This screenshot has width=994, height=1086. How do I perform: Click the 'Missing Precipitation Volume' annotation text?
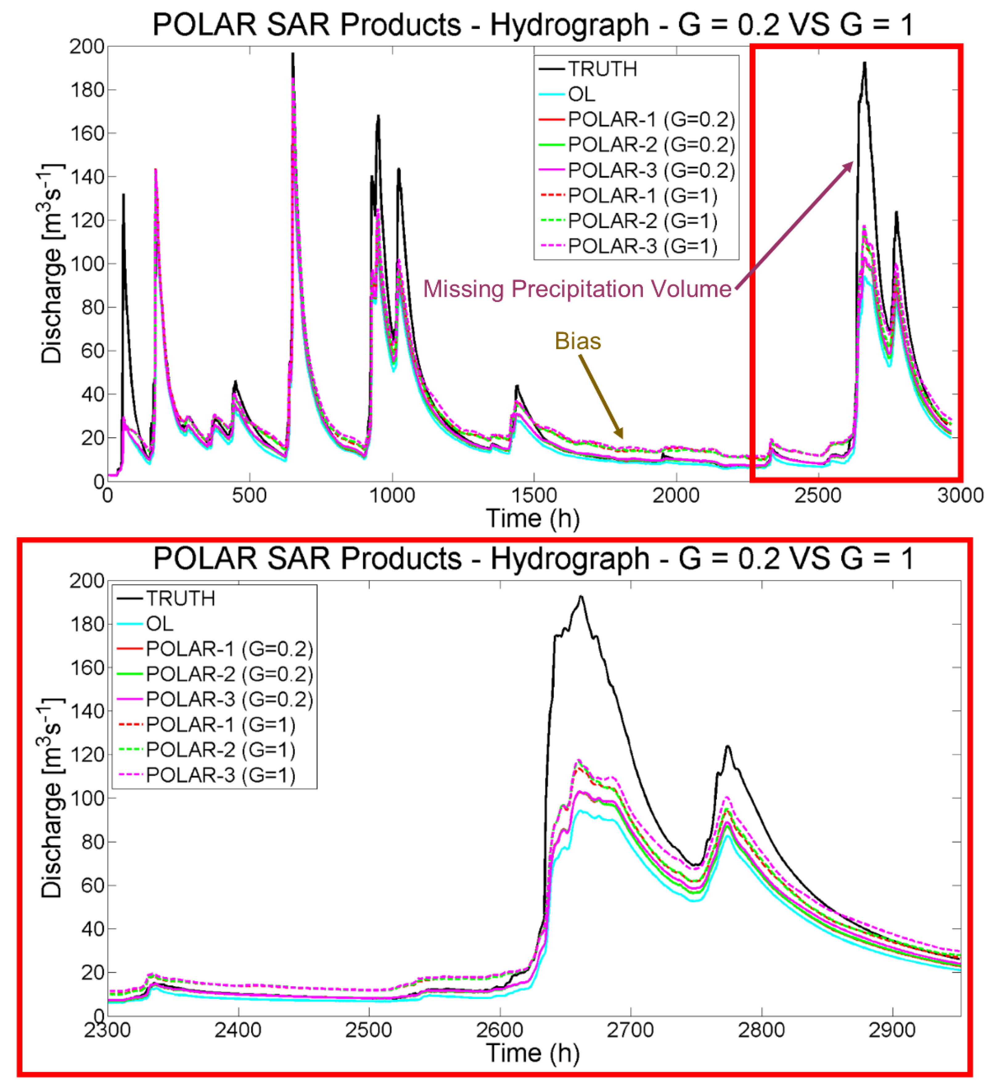577,289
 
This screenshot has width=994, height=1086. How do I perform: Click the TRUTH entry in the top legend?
602,69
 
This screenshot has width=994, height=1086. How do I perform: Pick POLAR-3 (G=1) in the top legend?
643,246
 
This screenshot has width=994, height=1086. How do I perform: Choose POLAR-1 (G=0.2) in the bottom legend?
229,649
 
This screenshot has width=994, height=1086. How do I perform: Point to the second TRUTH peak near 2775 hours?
728,747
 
